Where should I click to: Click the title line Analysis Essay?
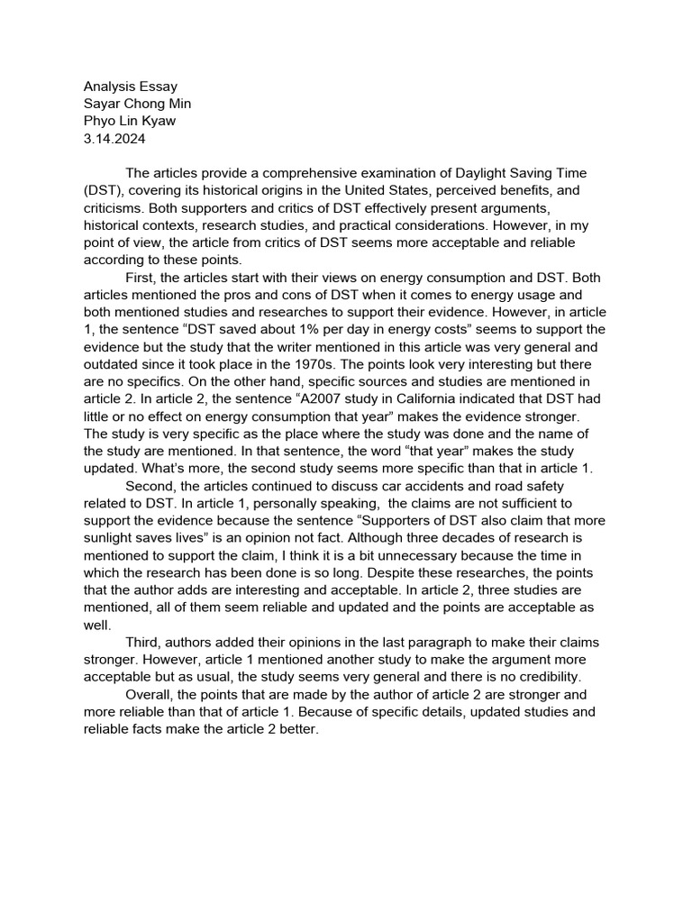(x=131, y=87)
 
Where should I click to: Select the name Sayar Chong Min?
(x=137, y=104)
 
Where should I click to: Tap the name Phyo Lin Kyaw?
(x=131, y=121)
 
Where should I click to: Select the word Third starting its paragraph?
(x=144, y=642)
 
